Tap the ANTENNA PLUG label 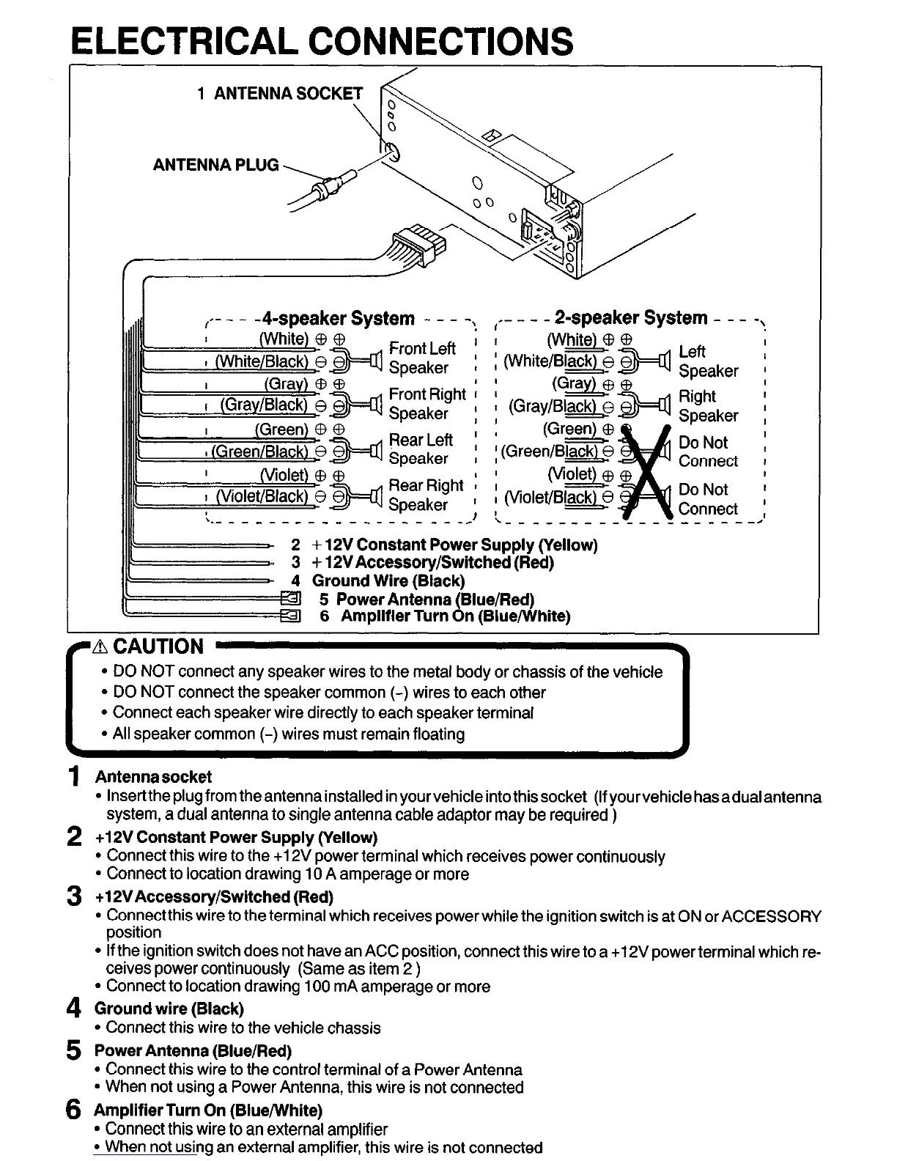click(215, 164)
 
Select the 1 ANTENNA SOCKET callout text click(280, 93)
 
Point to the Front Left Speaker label click(421, 358)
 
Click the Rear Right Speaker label click(425, 495)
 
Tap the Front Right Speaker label click(427, 403)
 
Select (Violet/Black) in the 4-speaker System click(262, 496)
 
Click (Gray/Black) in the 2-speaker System click(551, 406)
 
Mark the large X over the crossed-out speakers click(646, 471)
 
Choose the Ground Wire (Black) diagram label click(388, 580)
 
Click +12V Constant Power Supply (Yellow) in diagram click(454, 545)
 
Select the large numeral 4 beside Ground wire click(73, 1010)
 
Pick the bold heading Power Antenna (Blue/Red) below click(193, 1050)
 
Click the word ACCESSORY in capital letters click(770, 916)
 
